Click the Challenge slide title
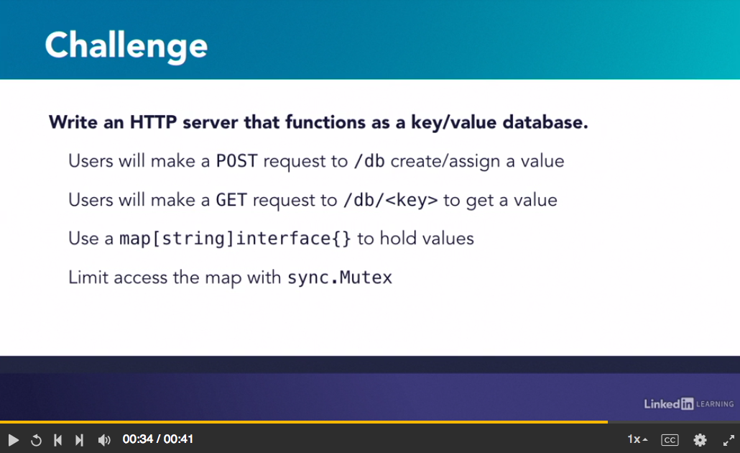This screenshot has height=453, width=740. pyautogui.click(x=126, y=46)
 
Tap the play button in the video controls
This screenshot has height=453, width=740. pyautogui.click(x=13, y=440)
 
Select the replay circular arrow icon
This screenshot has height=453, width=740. pyautogui.click(x=36, y=440)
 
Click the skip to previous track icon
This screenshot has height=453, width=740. pyautogui.click(x=57, y=440)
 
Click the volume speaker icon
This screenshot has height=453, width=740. pyautogui.click(x=104, y=440)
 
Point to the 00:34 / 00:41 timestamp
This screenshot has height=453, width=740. pyautogui.click(x=157, y=439)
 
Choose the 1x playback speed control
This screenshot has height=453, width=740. pyautogui.click(x=637, y=439)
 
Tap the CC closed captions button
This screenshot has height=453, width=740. pyautogui.click(x=670, y=440)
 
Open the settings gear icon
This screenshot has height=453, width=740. pyautogui.click(x=700, y=440)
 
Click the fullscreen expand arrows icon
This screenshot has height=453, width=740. pyautogui.click(x=729, y=440)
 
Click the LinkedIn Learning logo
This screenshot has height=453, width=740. pyautogui.click(x=688, y=403)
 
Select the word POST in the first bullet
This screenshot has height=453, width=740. pyautogui.click(x=236, y=161)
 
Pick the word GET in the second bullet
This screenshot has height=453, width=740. pyautogui.click(x=231, y=200)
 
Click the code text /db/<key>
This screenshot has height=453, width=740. pyautogui.click(x=390, y=200)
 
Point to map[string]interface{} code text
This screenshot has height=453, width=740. pyautogui.click(x=235, y=239)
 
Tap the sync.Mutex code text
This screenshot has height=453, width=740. pyautogui.click(x=340, y=278)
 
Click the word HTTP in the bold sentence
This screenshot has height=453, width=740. pyautogui.click(x=153, y=122)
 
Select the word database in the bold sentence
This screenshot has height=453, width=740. pyautogui.click(x=545, y=122)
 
